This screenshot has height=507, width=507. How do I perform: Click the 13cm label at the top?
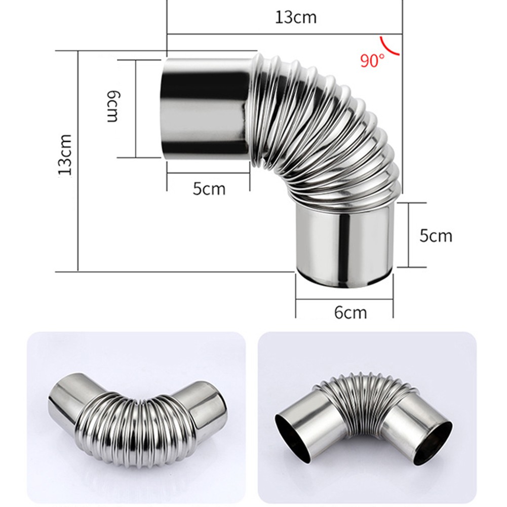(x=296, y=17)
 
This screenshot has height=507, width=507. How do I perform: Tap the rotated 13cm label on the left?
(x=65, y=154)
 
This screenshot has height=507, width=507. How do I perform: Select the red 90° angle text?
(x=372, y=61)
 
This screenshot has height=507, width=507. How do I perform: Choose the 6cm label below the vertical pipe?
(x=350, y=312)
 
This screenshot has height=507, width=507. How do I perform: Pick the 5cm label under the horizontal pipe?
(x=209, y=189)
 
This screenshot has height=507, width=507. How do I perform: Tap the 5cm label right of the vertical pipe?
(x=436, y=236)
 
